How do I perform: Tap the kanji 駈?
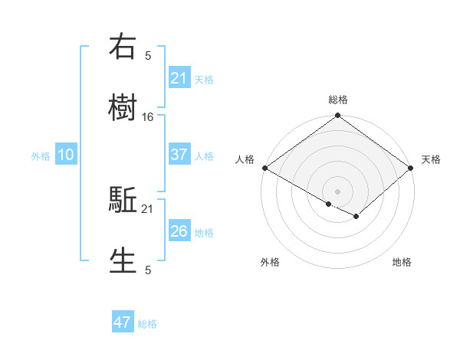tap(123, 201)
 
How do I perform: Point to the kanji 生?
tap(123, 260)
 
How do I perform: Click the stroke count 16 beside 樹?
tap(148, 116)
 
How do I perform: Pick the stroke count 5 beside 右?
tap(148, 55)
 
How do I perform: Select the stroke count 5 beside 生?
tap(148, 270)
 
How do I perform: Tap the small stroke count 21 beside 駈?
tap(148, 208)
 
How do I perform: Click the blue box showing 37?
tap(179, 155)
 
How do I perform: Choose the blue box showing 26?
tap(179, 231)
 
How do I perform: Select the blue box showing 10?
tap(66, 155)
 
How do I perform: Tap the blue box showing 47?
tap(123, 322)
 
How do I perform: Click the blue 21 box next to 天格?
tap(179, 77)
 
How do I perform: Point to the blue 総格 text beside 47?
tap(147, 324)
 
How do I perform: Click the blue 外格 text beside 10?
tap(41, 155)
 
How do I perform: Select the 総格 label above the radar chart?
tap(338, 100)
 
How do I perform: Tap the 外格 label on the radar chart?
tap(270, 262)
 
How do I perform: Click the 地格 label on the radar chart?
tap(402, 262)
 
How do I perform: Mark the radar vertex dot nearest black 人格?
tap(264, 168)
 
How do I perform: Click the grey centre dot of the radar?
tap(338, 191)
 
